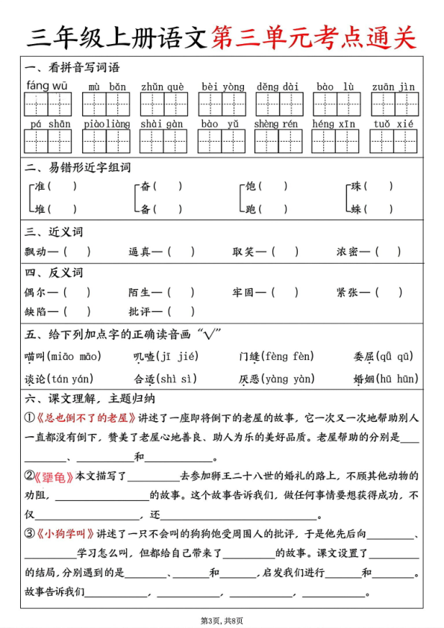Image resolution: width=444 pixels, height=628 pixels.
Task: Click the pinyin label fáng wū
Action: click(x=47, y=86)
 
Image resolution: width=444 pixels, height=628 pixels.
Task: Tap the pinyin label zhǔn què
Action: click(x=163, y=87)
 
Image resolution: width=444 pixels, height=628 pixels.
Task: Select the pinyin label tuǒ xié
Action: click(x=393, y=124)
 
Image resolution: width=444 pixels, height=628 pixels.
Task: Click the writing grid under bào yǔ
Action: click(x=221, y=141)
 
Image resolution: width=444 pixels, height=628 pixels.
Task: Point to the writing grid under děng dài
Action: click(x=278, y=104)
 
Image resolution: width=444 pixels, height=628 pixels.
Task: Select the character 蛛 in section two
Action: click(x=357, y=209)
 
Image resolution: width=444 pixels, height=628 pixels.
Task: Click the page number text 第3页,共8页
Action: click(x=222, y=620)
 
